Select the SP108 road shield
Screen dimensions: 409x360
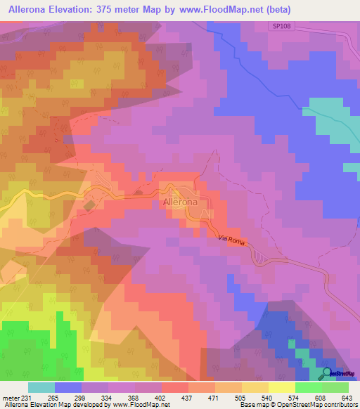(x=280, y=26)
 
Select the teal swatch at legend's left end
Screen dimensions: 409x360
(x=41, y=387)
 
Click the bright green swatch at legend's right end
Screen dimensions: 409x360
(x=335, y=387)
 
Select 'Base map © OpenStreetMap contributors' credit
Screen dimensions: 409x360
(x=297, y=405)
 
